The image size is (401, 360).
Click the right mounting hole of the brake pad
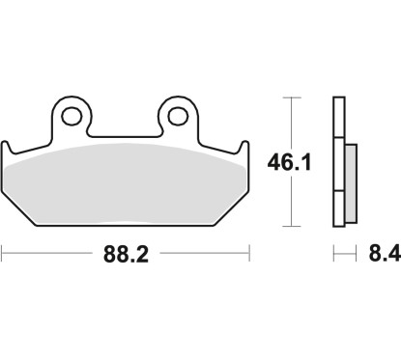click(x=177, y=116)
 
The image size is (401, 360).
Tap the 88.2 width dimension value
click(x=126, y=256)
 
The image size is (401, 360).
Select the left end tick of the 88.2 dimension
click(x=3, y=255)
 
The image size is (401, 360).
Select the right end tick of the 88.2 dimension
click(x=250, y=255)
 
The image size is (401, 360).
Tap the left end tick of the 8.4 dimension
click(x=333, y=255)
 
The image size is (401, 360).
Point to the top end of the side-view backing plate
click(x=337, y=100)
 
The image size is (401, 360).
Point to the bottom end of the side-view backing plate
click(x=337, y=223)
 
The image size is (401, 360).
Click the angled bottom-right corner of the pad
click(x=230, y=211)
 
